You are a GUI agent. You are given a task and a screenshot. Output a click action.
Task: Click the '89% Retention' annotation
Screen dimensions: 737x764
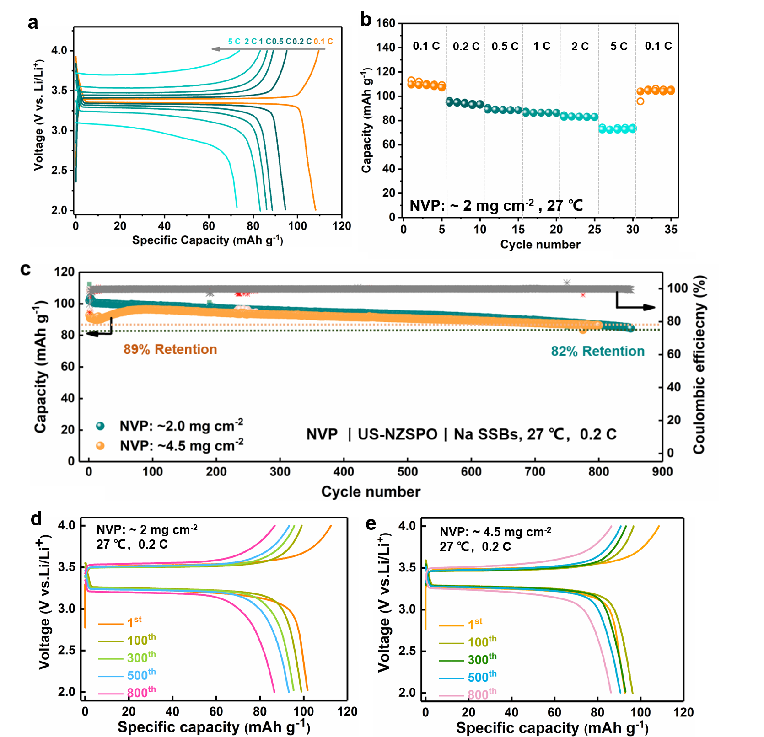tap(170, 349)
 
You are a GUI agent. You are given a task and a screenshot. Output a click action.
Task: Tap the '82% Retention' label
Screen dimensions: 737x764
tap(597, 351)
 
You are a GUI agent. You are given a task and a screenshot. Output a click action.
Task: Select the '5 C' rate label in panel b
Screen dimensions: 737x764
tap(619, 46)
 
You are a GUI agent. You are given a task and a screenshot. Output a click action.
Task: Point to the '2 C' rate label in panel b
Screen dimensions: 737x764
tap(580, 46)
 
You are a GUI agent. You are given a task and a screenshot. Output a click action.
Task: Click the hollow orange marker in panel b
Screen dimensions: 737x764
tap(640, 101)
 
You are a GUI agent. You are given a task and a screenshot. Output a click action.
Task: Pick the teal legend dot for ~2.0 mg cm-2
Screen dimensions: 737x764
tap(100, 426)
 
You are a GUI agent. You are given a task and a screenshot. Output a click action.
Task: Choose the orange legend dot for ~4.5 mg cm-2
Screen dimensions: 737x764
tap(100, 445)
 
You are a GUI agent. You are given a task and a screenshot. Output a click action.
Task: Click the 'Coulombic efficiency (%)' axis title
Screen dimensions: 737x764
tap(699, 364)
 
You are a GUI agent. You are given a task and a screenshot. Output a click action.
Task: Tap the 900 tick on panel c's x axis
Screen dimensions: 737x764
tap(662, 472)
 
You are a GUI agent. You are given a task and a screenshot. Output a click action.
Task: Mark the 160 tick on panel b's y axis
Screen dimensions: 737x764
tap(386, 23)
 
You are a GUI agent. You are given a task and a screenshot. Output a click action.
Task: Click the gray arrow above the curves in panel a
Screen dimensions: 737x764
tap(268, 49)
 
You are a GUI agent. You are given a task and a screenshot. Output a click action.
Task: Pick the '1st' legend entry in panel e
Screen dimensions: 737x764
tap(475, 624)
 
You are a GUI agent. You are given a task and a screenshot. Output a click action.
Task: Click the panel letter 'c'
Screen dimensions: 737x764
tap(26, 269)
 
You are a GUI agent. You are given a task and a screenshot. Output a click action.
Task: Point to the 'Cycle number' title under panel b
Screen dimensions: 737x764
tap(540, 245)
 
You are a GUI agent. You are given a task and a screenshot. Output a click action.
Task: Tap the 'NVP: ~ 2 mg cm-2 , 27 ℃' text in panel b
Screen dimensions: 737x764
tap(496, 205)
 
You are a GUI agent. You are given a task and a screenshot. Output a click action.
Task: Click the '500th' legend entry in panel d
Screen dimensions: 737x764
tap(141, 675)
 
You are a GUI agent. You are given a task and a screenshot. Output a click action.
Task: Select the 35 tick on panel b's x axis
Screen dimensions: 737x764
tap(671, 229)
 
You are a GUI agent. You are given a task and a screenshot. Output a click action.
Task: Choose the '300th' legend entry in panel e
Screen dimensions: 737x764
tap(482, 659)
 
